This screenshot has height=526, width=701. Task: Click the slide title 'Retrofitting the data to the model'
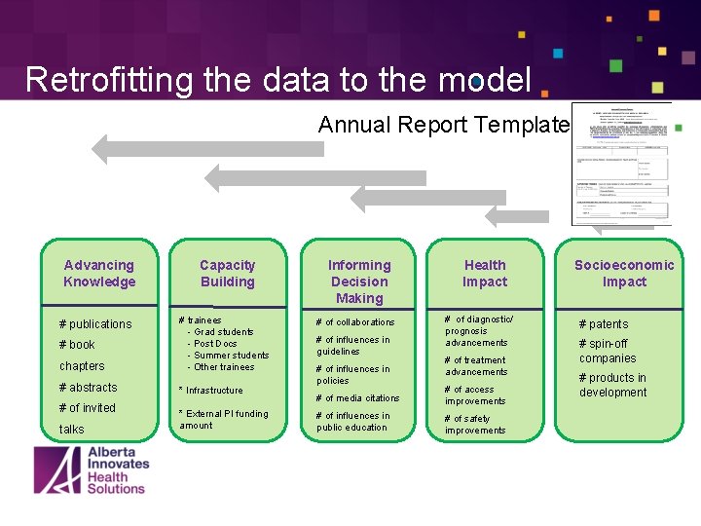[x=278, y=79]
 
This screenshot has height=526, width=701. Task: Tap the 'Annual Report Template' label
[x=443, y=125]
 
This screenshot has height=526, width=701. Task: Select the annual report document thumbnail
[x=620, y=164]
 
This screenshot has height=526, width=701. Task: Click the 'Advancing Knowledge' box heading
[x=99, y=274]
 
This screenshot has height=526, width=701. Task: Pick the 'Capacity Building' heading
[x=227, y=274]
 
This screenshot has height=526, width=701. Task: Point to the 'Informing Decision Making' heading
[x=359, y=282]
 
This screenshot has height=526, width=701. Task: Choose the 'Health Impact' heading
[x=485, y=274]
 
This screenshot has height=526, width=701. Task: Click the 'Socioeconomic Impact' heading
[x=624, y=274]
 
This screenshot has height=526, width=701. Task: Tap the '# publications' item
[x=95, y=324]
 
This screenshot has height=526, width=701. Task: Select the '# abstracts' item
[x=88, y=388]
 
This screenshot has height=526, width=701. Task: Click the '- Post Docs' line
[x=215, y=344]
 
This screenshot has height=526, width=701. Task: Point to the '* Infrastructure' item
[x=211, y=391]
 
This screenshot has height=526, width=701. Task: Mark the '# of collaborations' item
[x=355, y=322]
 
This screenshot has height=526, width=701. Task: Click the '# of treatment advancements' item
[x=476, y=366]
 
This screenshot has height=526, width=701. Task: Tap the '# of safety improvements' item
[x=475, y=425]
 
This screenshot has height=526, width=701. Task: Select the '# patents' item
[x=604, y=324]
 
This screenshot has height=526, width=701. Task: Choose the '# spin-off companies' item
[x=608, y=352]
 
